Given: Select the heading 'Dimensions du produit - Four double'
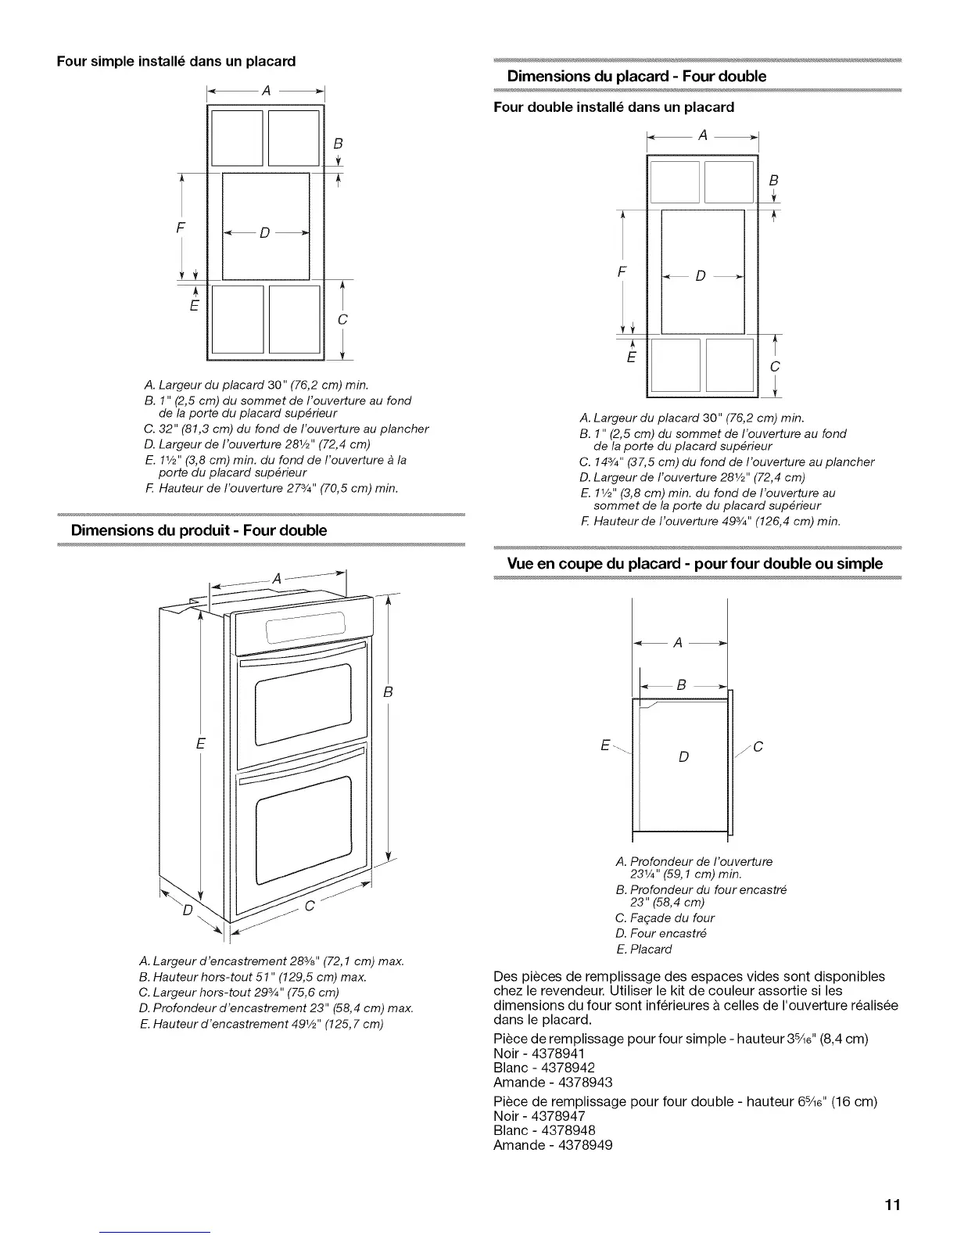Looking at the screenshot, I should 199,530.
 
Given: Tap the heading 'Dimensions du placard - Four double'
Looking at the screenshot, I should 636,76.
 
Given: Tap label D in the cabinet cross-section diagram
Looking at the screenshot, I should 683,757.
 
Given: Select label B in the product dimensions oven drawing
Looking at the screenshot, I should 387,692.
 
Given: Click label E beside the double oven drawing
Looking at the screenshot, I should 201,743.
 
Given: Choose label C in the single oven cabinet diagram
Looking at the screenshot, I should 342,320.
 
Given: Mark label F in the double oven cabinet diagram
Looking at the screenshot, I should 622,273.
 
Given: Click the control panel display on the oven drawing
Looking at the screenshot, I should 305,628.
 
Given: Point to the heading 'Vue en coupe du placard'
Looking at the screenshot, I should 695,564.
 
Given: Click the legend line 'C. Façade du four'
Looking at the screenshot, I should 665,918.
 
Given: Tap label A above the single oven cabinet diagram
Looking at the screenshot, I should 266,91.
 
